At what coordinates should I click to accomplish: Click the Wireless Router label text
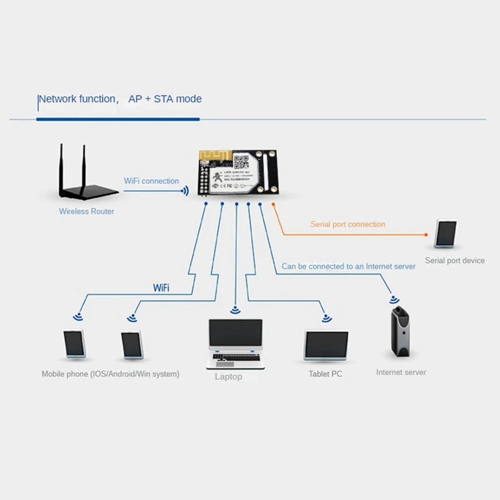86,211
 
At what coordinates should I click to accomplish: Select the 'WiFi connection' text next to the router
151,181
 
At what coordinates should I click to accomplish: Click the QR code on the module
247,159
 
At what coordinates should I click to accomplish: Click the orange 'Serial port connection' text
348,224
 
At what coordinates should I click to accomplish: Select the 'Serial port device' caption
454,260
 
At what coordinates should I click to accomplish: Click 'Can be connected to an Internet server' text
348,266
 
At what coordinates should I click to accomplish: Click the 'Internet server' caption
401,372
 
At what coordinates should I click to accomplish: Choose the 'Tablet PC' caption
325,374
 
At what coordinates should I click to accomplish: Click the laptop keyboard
234,361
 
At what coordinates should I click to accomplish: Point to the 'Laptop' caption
228,377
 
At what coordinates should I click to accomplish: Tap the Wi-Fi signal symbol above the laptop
235,309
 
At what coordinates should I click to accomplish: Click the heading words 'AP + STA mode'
165,99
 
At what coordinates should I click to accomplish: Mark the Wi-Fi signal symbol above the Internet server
395,299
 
